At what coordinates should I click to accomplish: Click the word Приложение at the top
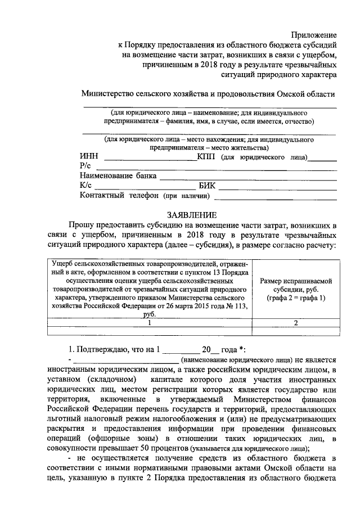point(314,35)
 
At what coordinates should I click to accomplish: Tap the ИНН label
point(89,157)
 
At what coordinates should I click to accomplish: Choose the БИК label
point(207,186)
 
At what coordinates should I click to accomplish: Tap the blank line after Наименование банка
point(248,178)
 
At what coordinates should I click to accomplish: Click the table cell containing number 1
point(149,323)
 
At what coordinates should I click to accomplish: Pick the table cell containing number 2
point(296,323)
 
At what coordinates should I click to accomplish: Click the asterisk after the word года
point(241,349)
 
